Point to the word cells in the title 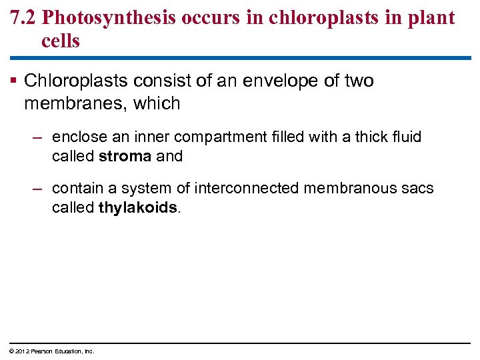pyautogui.click(x=60, y=41)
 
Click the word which pyautogui.click(x=157, y=103)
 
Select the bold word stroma pyautogui.click(x=125, y=157)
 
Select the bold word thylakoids pyautogui.click(x=137, y=207)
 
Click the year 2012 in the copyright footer pyautogui.click(x=21, y=351)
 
